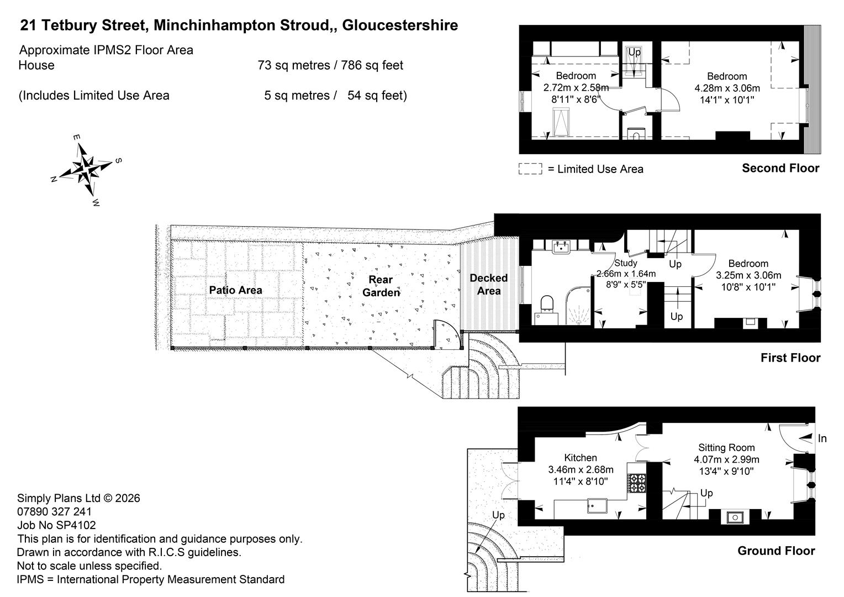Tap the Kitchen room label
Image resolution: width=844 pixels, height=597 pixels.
(x=580, y=458)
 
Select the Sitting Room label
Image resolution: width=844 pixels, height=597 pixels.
(x=726, y=447)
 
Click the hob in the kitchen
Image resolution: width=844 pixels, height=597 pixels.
(x=637, y=483)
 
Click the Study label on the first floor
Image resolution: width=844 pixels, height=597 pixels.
(x=626, y=263)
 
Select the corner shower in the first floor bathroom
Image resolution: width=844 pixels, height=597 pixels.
(x=579, y=307)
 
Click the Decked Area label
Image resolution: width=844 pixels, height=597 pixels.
(x=489, y=284)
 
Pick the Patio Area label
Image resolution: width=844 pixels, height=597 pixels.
(x=235, y=290)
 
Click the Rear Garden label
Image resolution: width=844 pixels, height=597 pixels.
(x=381, y=286)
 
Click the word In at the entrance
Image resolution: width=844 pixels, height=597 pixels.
(x=822, y=438)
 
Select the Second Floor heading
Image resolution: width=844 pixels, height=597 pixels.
(x=780, y=168)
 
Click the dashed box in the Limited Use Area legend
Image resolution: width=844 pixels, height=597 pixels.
(x=530, y=169)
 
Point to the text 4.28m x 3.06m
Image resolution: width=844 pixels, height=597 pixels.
(x=727, y=88)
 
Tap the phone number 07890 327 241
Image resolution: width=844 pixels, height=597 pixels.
(x=54, y=511)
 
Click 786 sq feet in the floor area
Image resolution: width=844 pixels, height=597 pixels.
(x=372, y=65)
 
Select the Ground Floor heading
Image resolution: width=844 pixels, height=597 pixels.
(x=776, y=551)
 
